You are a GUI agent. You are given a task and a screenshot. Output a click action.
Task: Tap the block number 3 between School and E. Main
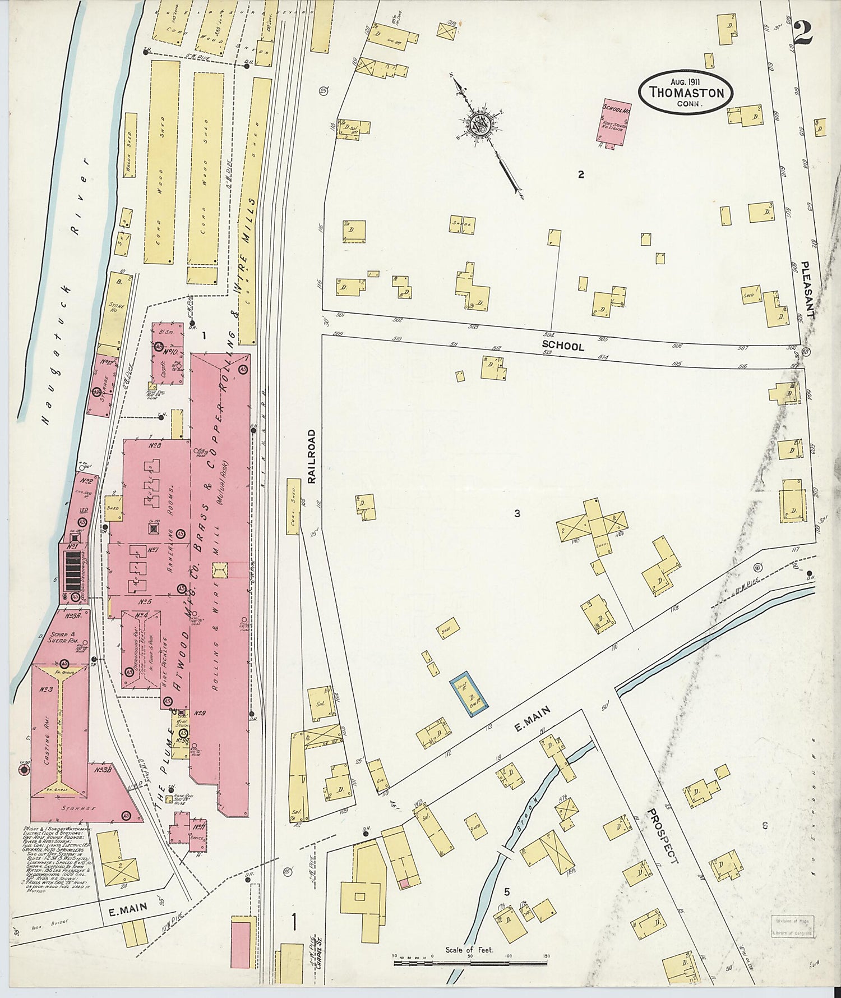pos(517,513)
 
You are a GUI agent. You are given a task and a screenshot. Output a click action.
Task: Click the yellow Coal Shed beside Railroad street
pos(293,507)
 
